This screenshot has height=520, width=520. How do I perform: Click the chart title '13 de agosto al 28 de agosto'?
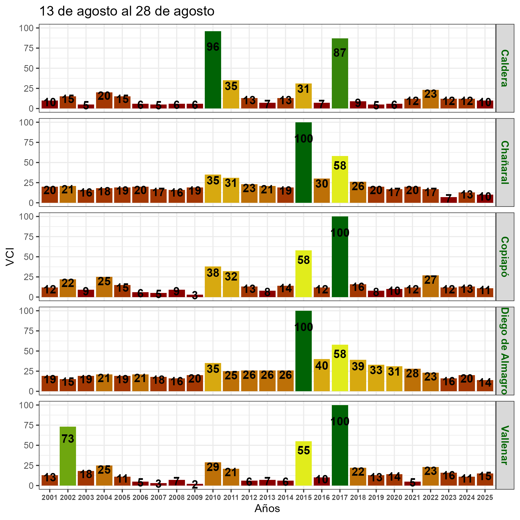127,12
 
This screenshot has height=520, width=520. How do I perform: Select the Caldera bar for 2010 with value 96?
213,70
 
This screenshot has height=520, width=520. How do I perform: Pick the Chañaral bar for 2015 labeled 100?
304,163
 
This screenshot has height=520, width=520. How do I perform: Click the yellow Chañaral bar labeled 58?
340,180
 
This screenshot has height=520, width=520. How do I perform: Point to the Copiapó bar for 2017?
340,257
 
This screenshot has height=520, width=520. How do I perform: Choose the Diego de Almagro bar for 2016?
322,375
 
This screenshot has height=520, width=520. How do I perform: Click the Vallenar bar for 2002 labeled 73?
68,456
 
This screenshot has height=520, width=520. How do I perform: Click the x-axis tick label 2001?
50,498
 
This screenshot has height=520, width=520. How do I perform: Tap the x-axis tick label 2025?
485,498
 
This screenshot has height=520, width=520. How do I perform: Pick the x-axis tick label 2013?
267,498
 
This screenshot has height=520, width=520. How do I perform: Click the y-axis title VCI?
10,257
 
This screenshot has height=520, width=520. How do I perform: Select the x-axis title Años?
267,508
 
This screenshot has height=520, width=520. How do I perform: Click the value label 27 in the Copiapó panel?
431,281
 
